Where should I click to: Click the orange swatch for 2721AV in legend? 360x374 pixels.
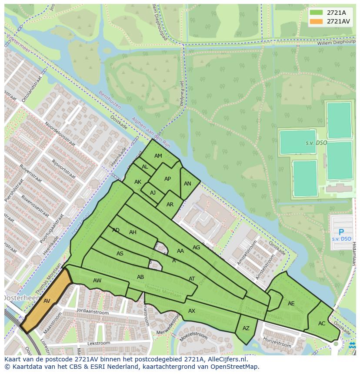point(316,21)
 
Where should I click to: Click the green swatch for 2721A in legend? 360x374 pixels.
point(316,13)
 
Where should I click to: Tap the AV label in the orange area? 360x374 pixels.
point(47,301)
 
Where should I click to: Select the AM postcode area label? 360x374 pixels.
point(158,156)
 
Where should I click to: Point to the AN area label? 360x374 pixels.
point(187,184)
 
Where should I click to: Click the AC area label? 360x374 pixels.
point(322,324)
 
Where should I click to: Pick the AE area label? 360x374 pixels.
point(291,304)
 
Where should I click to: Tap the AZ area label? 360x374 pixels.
point(246,328)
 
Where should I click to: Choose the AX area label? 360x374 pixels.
point(192,311)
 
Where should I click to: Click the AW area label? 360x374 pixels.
point(97,281)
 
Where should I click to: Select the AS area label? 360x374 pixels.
point(120,254)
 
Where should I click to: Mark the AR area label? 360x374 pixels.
point(170,205)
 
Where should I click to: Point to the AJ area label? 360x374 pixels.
point(153,193)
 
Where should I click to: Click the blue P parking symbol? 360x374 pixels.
point(341,232)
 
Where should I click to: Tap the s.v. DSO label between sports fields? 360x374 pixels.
point(316,143)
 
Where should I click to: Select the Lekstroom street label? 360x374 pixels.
point(98,343)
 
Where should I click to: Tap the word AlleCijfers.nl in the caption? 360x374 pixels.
point(227,359)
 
